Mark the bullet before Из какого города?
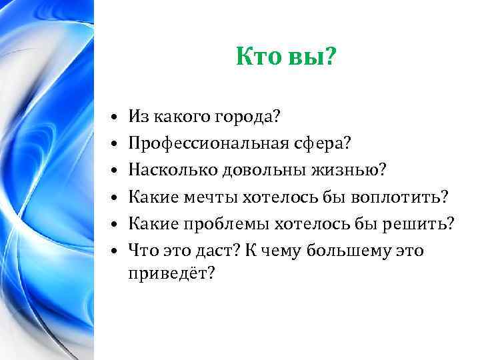pos(115,118)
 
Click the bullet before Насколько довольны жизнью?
pos(115,171)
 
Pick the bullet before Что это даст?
pos(115,251)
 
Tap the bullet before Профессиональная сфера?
pos(115,145)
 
